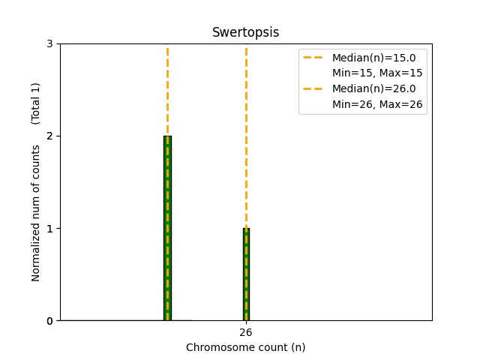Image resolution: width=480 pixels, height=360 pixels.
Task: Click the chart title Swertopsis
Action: tap(245, 32)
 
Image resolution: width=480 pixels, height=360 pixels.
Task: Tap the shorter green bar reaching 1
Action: tap(246, 274)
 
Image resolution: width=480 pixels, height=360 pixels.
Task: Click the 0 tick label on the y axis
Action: tap(49, 321)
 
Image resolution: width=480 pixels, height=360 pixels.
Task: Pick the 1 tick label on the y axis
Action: tap(49, 229)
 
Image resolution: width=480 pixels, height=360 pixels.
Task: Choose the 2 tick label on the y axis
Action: tap(49, 136)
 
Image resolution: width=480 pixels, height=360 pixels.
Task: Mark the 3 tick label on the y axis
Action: tap(49, 44)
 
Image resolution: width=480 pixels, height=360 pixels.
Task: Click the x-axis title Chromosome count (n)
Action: tap(245, 347)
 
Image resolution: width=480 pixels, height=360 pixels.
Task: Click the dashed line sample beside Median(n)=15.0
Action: tap(315, 58)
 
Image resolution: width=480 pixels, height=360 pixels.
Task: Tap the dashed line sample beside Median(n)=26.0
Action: tap(315, 88)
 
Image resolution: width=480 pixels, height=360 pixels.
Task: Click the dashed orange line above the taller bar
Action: tap(167, 90)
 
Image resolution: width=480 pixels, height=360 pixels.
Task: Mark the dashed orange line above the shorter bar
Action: tap(246, 135)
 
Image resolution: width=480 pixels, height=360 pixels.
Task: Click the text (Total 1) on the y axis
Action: tap(36, 103)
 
